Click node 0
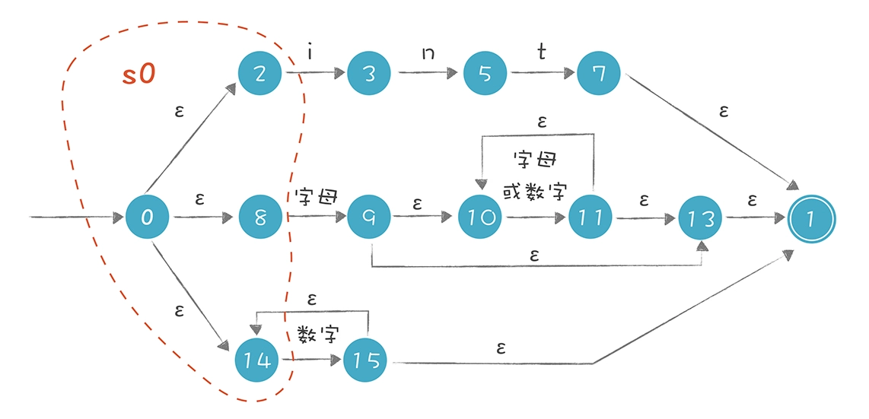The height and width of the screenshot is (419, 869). (x=146, y=217)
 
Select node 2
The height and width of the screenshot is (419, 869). (x=259, y=74)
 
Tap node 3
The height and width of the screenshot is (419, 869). (x=369, y=74)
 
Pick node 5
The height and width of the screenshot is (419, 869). (x=486, y=74)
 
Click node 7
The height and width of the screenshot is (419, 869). (x=599, y=74)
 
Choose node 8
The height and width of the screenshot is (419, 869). (x=260, y=217)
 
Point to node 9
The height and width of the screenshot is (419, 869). (x=369, y=217)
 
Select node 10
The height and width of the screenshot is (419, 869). (x=481, y=217)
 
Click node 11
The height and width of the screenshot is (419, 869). (x=591, y=217)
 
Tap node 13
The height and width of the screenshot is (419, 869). (x=700, y=217)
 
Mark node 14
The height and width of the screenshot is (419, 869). (x=258, y=360)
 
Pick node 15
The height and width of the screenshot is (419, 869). (x=365, y=360)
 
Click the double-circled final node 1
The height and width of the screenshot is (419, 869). (x=811, y=217)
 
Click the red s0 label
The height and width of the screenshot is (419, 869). (x=139, y=74)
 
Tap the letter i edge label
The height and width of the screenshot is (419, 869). (x=310, y=54)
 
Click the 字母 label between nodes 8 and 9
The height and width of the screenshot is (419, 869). (x=316, y=197)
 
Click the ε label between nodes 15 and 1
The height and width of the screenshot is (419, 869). (x=501, y=348)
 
